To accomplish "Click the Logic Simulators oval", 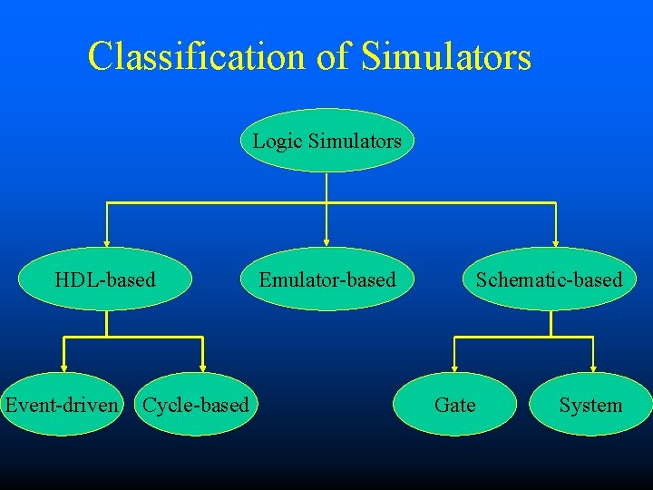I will [x=326, y=141].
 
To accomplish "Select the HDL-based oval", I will [x=105, y=279].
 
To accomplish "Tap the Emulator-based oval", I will [x=327, y=279].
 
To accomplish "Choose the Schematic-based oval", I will [x=550, y=279].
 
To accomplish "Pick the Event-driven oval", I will [x=62, y=405].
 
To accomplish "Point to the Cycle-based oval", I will [x=196, y=405].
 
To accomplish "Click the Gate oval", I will [x=454, y=405].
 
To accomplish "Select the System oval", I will [x=590, y=405].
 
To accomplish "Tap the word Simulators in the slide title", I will [x=445, y=56].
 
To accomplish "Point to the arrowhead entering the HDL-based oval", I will [x=107, y=242].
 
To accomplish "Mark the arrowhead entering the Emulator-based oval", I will [x=326, y=242].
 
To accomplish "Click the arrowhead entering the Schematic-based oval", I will [x=555, y=242].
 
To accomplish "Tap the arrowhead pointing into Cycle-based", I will [x=203, y=368].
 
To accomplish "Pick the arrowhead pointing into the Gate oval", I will [x=455, y=368].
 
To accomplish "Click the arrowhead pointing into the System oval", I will [x=593, y=368].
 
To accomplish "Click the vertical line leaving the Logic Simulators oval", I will [x=326, y=186].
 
